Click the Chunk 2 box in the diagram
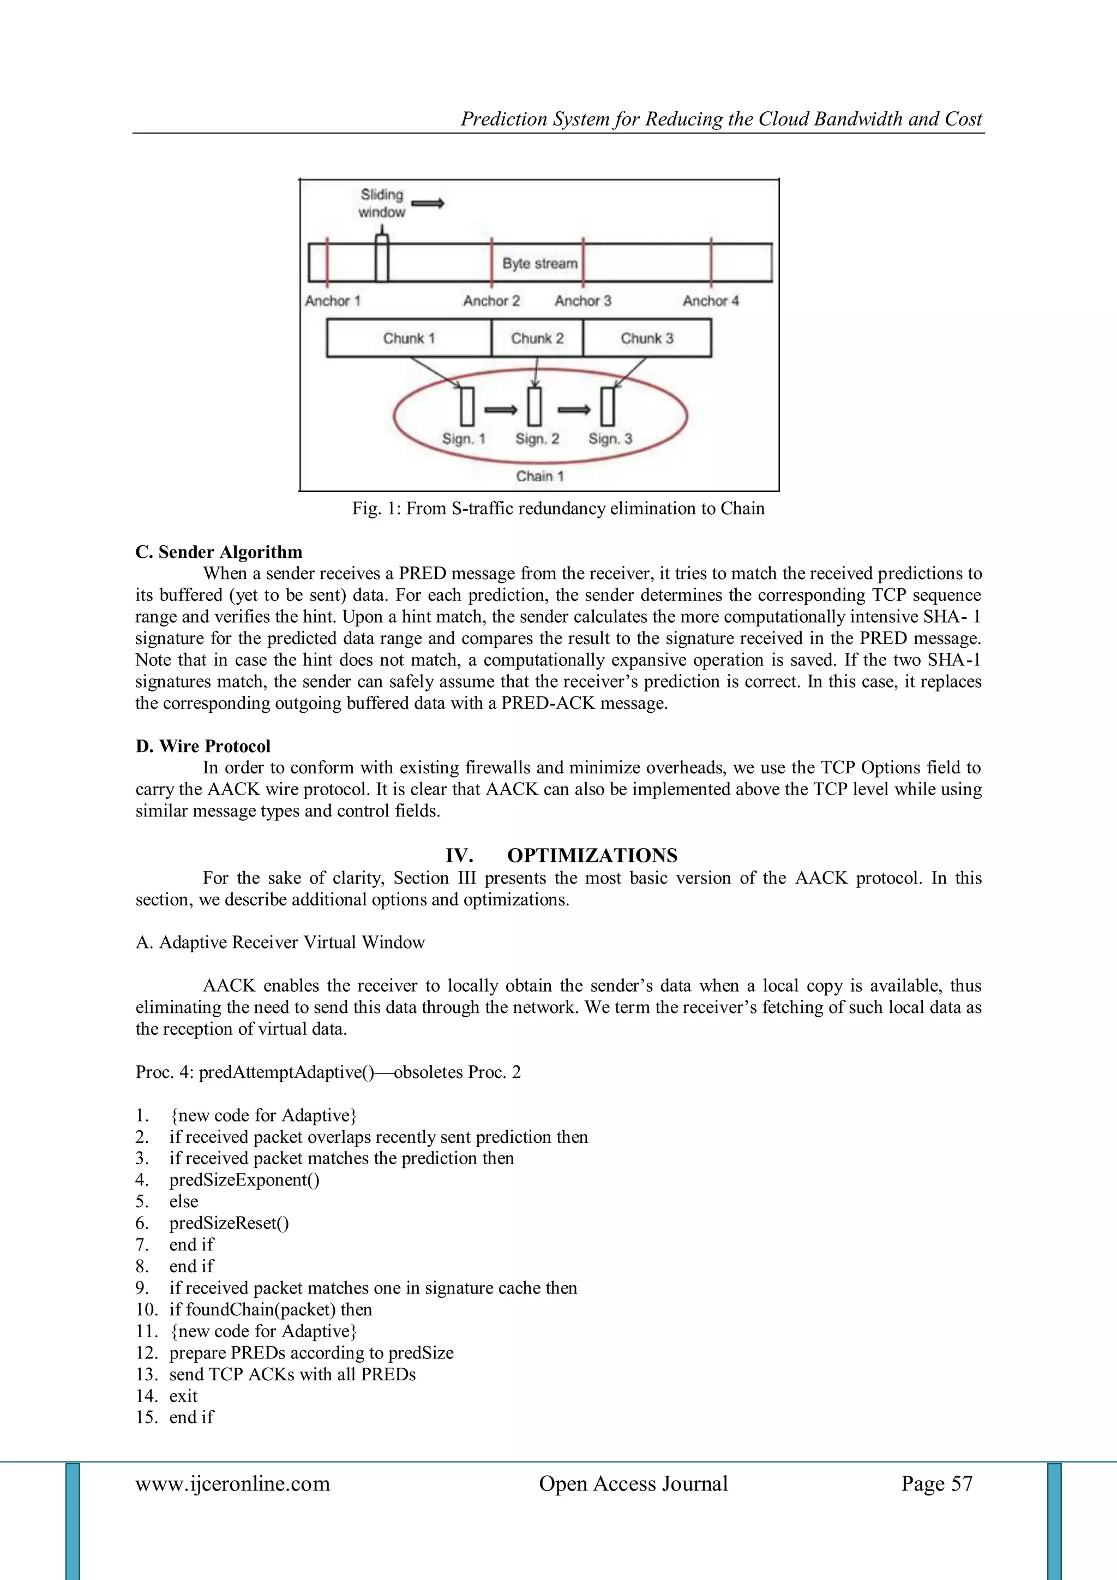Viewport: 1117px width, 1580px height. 537,338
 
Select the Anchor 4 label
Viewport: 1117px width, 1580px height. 711,301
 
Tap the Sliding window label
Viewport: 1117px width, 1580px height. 382,203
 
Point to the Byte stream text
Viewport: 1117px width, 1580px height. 540,263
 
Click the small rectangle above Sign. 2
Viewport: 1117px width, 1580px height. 535,407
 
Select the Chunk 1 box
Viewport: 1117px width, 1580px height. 409,338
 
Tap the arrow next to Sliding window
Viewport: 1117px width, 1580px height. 428,203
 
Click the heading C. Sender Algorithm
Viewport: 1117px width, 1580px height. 219,552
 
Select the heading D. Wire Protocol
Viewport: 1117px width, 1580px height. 203,746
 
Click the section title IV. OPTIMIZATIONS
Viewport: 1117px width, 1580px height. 561,855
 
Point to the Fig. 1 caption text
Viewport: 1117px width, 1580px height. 558,509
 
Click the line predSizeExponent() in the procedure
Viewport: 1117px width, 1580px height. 244,1180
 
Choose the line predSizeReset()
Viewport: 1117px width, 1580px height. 229,1223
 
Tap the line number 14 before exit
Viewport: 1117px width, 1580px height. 147,1396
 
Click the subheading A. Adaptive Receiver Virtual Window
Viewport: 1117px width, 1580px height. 280,942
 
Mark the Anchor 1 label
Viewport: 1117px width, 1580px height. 332,301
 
